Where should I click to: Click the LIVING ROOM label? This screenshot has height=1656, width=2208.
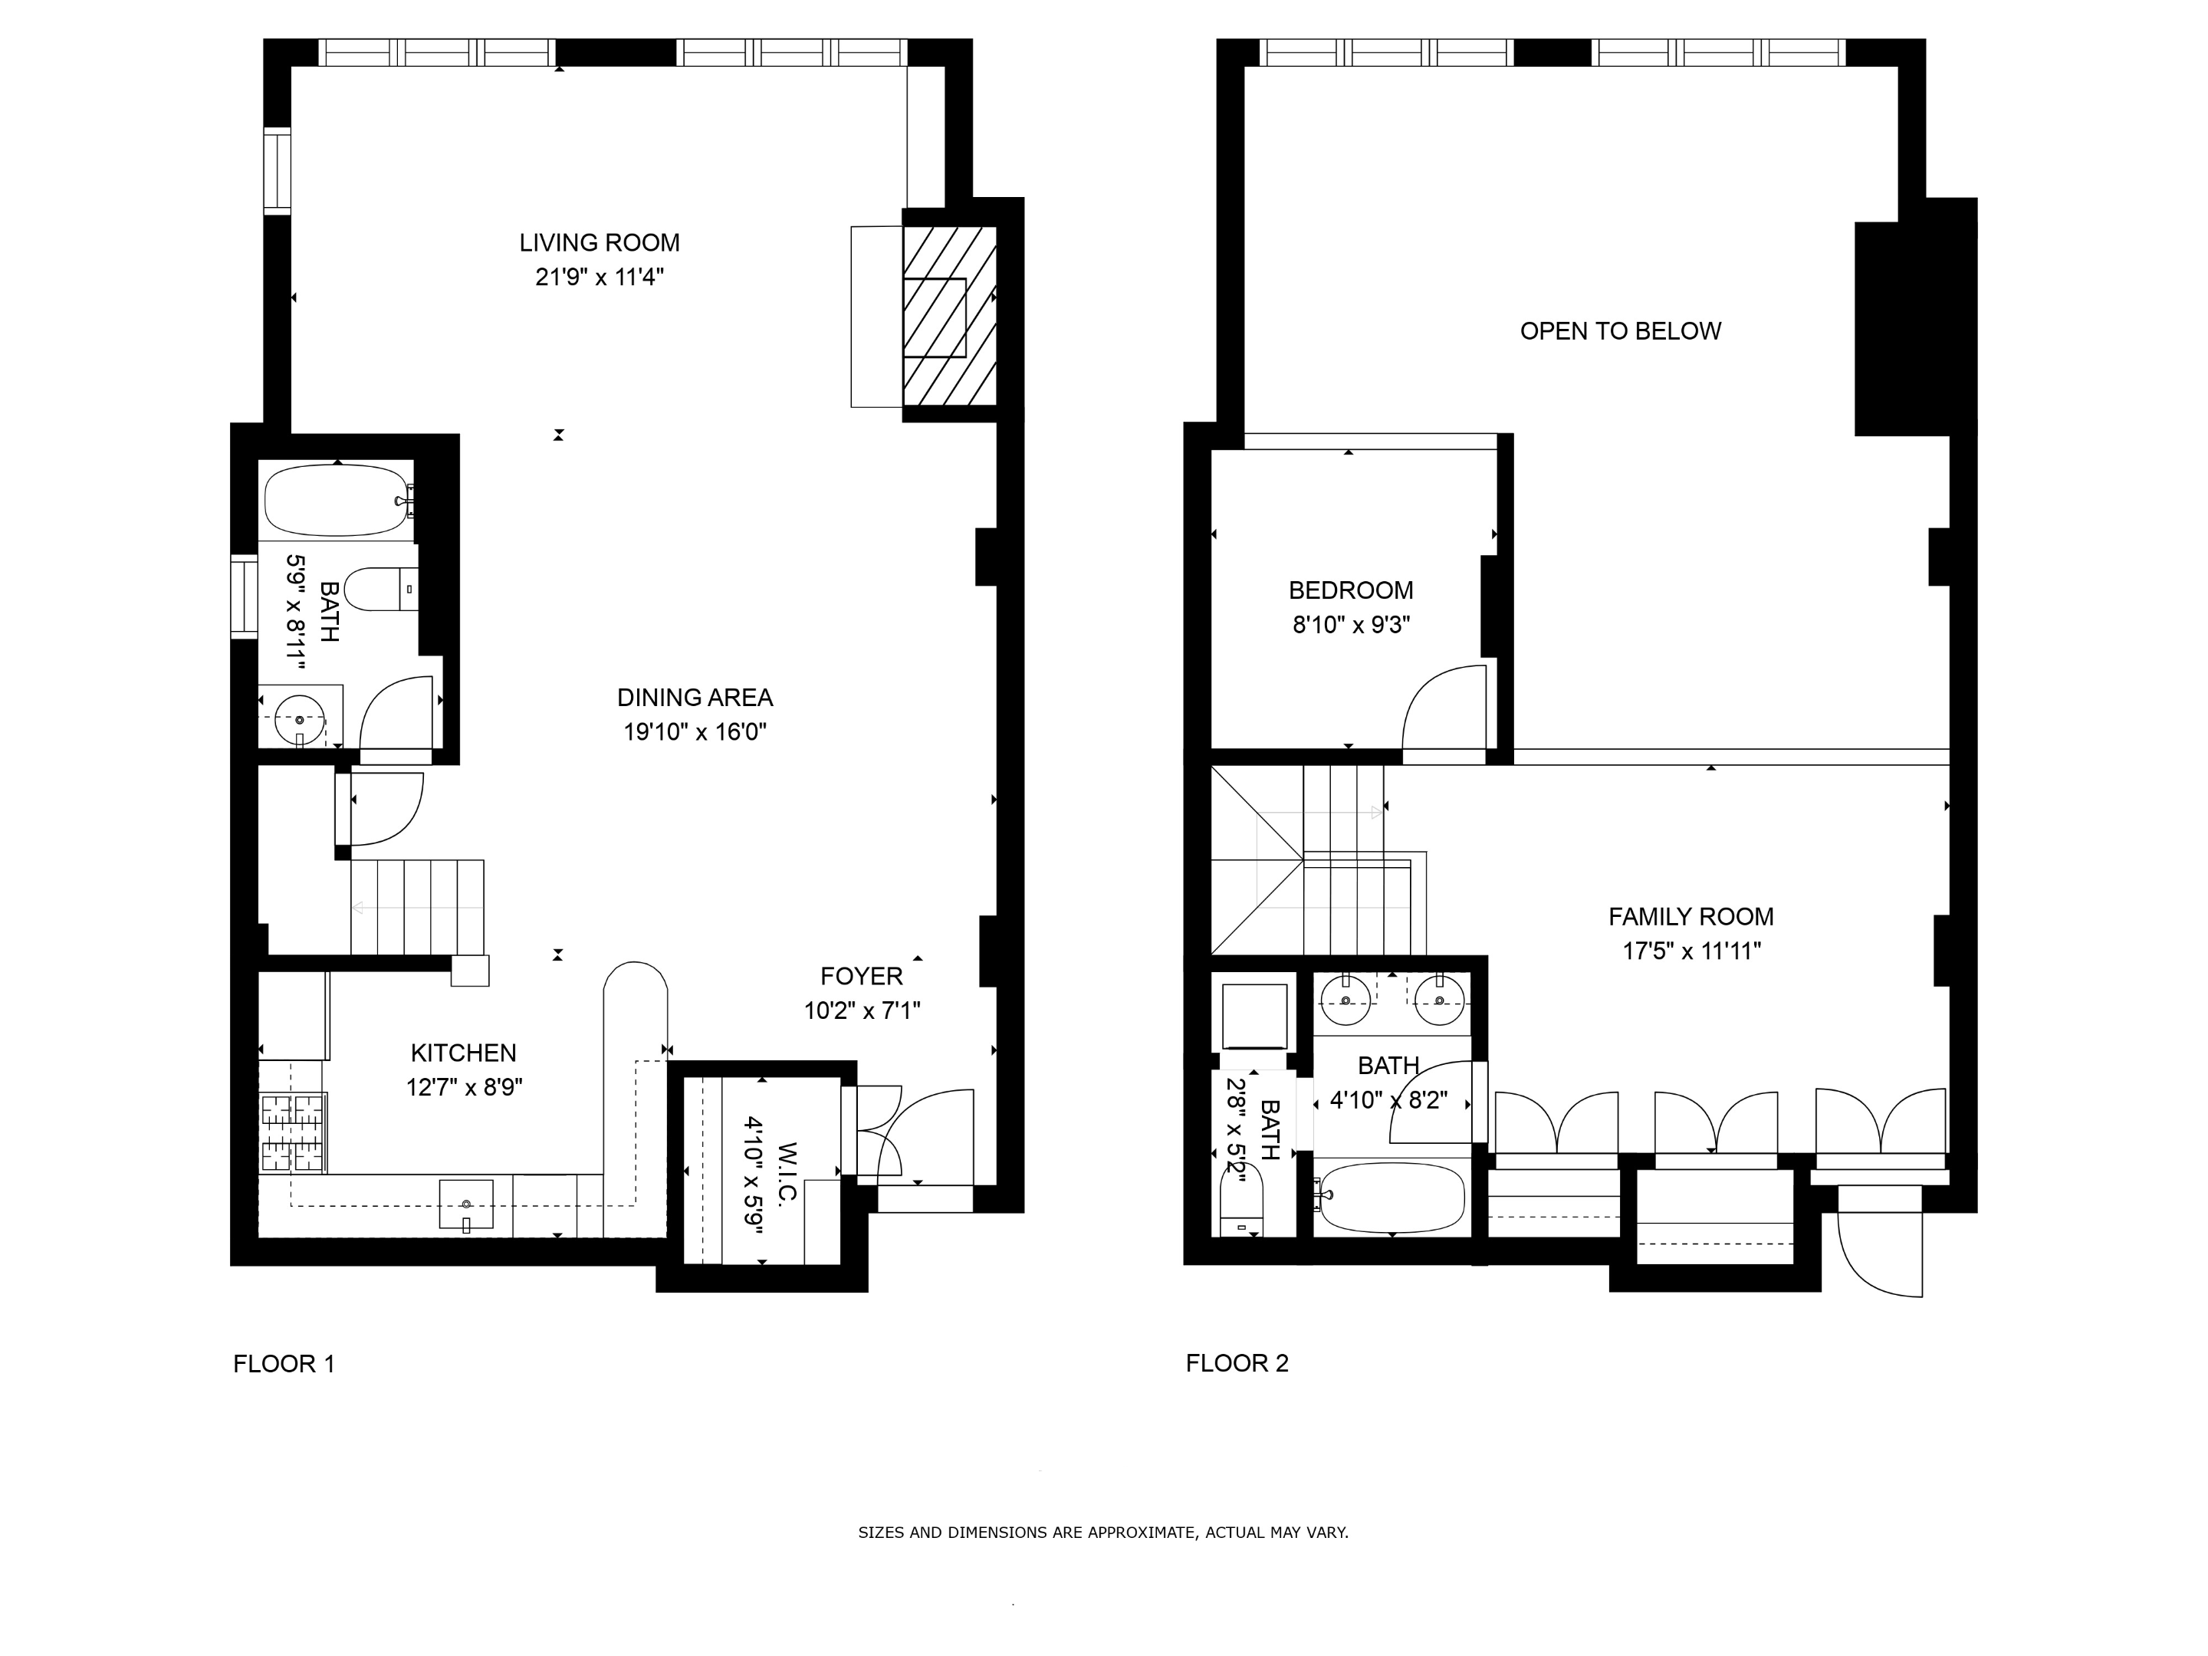[599, 242]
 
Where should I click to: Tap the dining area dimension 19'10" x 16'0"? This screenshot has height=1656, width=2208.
[695, 731]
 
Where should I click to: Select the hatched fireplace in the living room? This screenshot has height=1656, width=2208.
[948, 317]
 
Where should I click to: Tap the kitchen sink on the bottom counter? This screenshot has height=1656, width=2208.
[466, 1206]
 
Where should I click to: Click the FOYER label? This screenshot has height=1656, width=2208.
[862, 976]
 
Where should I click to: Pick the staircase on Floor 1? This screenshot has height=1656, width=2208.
[417, 908]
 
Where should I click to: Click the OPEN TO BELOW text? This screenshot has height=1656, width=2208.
[1620, 331]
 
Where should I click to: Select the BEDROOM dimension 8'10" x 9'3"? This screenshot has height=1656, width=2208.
[1351, 625]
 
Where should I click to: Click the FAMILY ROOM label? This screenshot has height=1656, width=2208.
[1691, 916]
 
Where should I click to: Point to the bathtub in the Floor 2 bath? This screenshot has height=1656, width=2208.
[1391, 1198]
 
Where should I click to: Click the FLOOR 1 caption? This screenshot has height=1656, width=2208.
[284, 1364]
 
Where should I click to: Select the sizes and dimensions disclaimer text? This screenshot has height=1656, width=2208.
[1103, 1533]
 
